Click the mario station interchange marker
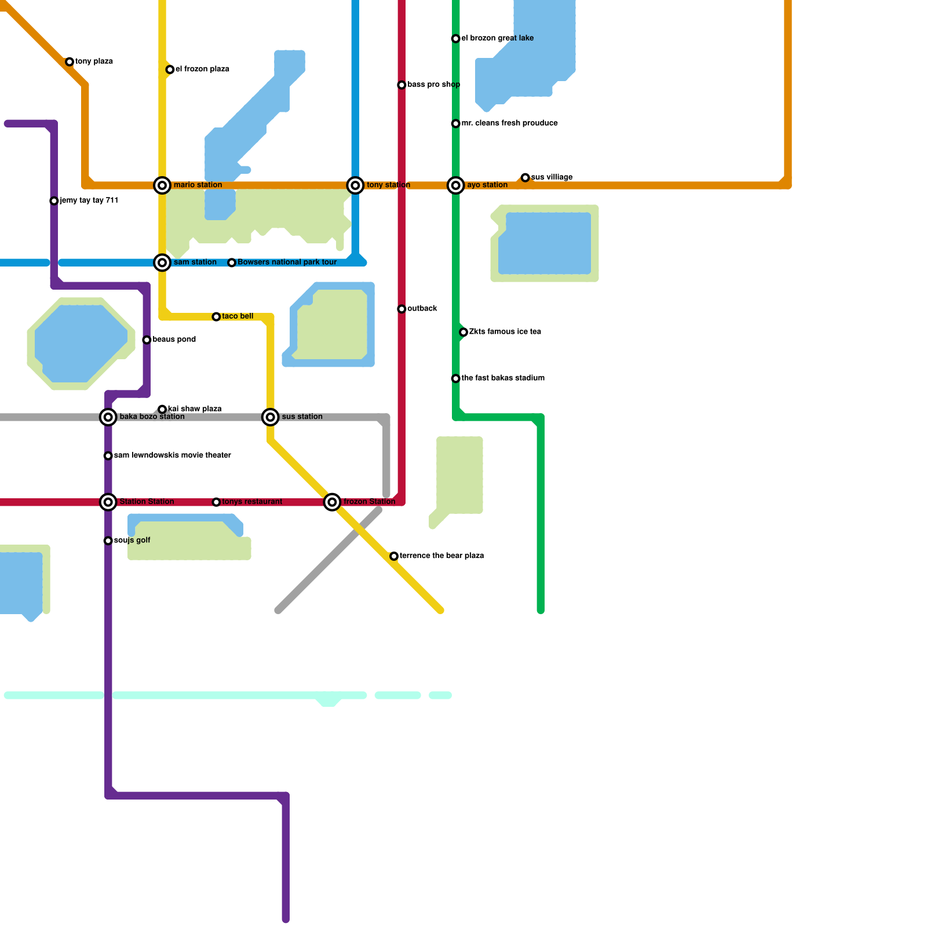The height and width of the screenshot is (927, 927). tap(162, 185)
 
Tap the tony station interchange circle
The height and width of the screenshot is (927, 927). tap(355, 185)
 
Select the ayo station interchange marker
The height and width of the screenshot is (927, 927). tap(456, 185)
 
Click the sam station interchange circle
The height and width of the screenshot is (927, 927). tap(162, 262)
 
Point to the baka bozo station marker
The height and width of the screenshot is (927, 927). tap(108, 417)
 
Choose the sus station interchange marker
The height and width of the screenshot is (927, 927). tap(271, 417)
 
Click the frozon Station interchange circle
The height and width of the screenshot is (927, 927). tap(332, 502)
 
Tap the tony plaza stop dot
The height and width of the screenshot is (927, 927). tap(70, 61)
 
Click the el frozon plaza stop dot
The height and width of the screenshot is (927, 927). tap(170, 70)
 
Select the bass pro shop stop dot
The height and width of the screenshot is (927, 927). tap(402, 85)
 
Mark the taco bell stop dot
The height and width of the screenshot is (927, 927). tap(216, 317)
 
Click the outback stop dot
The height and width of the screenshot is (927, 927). tap(402, 309)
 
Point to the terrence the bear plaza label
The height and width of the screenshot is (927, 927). tap(441, 556)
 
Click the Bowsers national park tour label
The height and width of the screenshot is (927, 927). tap(287, 262)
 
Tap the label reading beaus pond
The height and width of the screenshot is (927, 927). tap(174, 340)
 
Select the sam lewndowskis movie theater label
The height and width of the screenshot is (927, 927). tap(172, 455)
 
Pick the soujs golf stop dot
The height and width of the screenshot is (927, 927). tap(108, 541)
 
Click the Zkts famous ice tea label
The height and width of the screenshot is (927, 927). tap(505, 332)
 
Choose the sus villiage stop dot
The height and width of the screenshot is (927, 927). tap(525, 177)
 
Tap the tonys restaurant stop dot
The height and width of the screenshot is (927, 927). tap(216, 502)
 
